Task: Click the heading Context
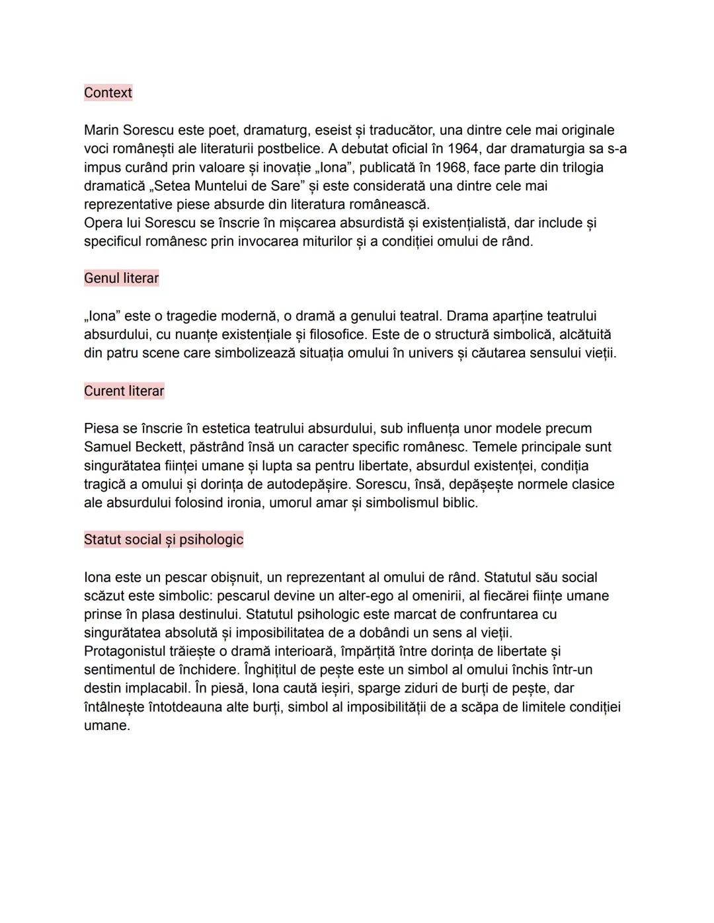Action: click(108, 92)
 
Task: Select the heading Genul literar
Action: click(121, 278)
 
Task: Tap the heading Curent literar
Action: click(124, 391)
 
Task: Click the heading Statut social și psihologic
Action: click(163, 540)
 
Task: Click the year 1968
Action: click(451, 167)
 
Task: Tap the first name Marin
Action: click(102, 130)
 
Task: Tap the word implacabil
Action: click(150, 688)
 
